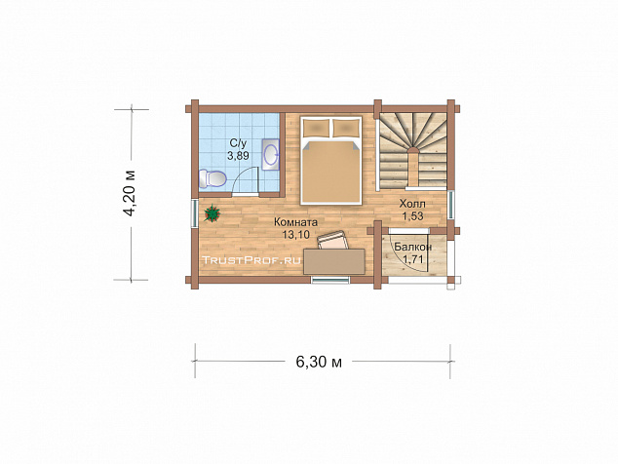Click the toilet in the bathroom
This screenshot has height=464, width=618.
point(212,178)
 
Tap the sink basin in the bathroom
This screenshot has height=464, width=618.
point(271,154)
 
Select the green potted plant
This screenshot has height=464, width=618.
point(212,213)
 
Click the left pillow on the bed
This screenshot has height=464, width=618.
point(317,127)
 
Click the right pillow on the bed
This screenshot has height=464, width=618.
point(346,127)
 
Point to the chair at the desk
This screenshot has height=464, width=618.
point(333,241)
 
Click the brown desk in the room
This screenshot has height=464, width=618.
point(333,261)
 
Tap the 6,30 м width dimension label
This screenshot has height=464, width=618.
point(319,362)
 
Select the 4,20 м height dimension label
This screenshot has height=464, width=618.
point(130,194)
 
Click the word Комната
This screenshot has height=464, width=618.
point(296,222)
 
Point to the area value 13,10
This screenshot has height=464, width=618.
point(296,235)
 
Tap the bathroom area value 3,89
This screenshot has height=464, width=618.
point(238,155)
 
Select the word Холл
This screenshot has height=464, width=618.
point(412,204)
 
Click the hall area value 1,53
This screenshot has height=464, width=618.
point(412,216)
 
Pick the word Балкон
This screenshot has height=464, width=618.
point(413,248)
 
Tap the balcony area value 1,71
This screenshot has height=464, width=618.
point(413,259)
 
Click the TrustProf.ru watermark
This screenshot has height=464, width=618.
point(251,260)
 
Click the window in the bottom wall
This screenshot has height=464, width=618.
point(330,280)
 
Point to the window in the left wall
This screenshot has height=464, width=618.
point(194,213)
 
